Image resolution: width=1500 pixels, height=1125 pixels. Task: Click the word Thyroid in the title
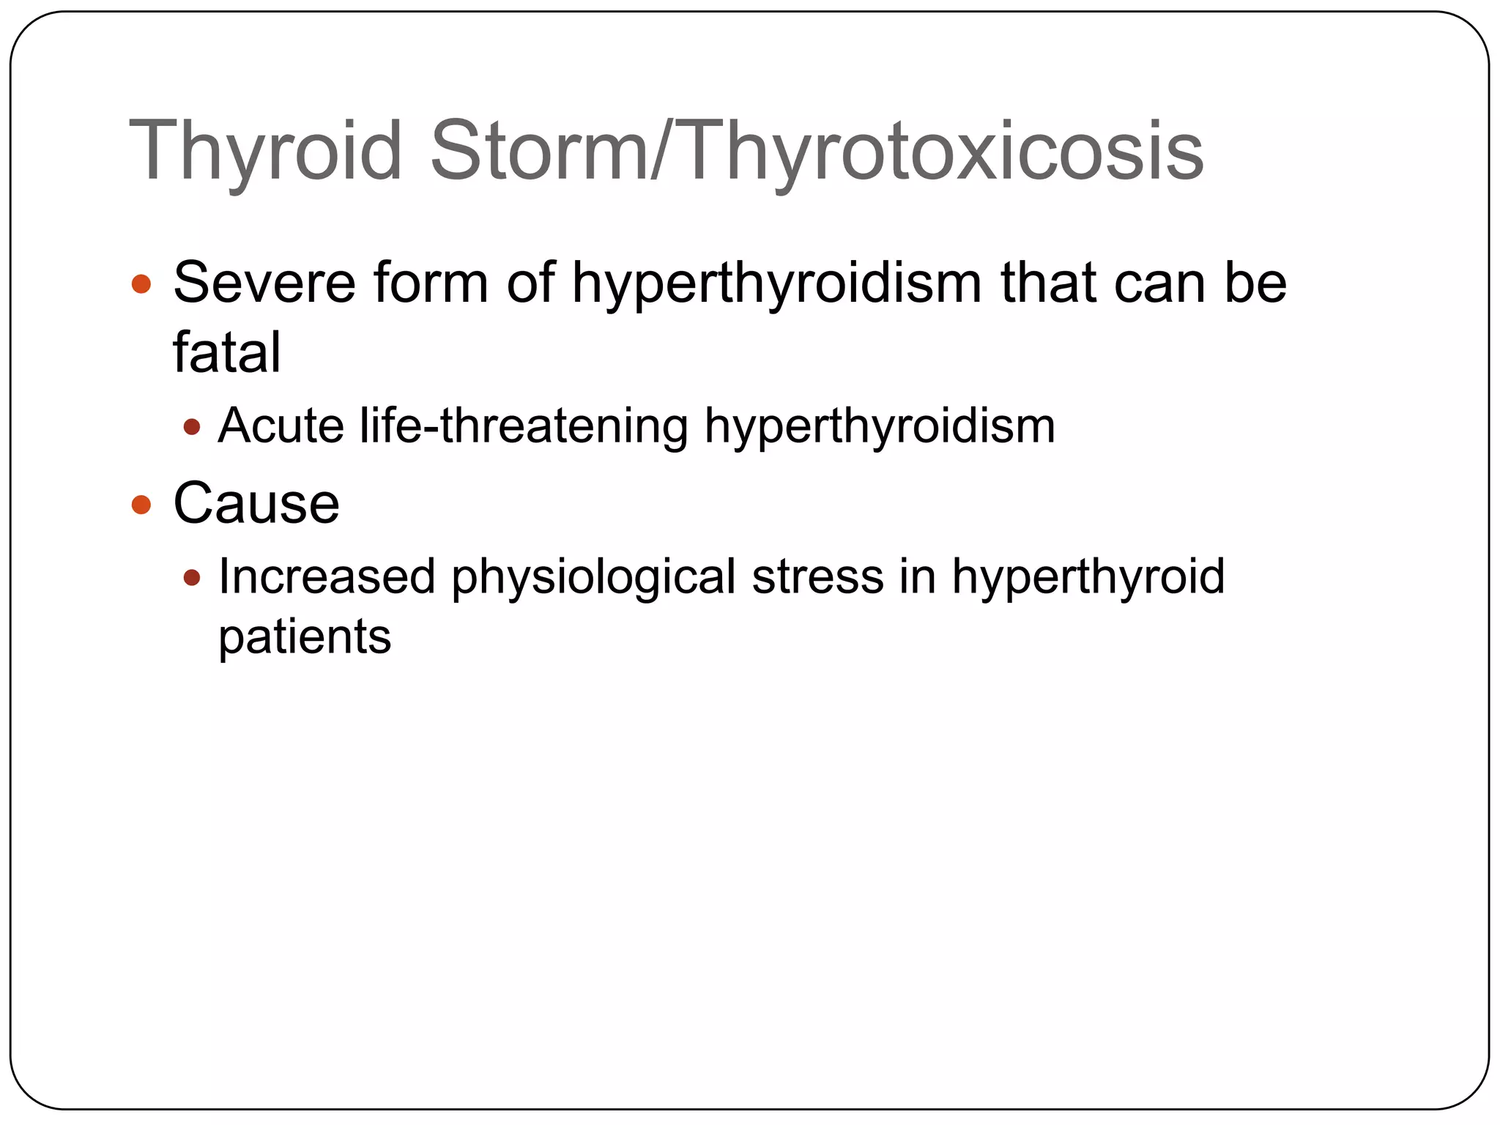[265, 152]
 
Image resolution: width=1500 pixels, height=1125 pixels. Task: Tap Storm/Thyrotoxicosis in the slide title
[817, 152]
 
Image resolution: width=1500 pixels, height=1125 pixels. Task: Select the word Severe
[264, 283]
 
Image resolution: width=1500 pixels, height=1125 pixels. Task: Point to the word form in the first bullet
[431, 283]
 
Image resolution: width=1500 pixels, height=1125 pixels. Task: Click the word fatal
[226, 352]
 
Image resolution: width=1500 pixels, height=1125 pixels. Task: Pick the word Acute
[281, 426]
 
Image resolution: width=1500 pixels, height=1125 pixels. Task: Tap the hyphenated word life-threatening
[524, 426]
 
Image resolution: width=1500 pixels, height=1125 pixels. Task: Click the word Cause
[256, 504]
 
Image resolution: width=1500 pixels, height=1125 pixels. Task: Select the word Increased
[327, 576]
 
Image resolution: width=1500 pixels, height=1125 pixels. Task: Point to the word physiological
[593, 576]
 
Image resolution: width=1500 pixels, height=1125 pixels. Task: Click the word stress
[818, 576]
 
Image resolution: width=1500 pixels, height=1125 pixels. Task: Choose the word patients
[305, 636]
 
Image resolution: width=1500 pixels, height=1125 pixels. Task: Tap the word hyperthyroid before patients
[1088, 576]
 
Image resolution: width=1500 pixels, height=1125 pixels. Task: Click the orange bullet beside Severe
[141, 284]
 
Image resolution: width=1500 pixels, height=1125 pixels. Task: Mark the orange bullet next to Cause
[141, 505]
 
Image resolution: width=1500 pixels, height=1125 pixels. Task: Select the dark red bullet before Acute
[192, 427]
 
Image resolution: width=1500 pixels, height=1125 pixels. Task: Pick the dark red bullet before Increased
[192, 578]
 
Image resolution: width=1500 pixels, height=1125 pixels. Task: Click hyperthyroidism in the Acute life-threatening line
[879, 426]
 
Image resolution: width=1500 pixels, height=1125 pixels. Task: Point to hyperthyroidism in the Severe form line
[776, 283]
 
